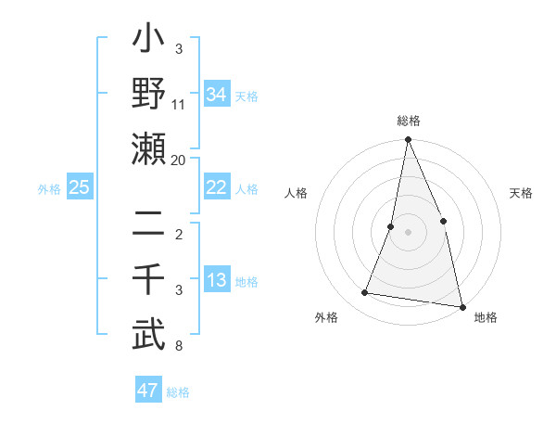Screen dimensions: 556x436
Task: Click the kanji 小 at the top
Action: pyautogui.click(x=149, y=42)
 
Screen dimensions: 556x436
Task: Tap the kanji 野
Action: pyautogui.click(x=149, y=94)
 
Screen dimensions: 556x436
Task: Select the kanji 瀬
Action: pyautogui.click(x=149, y=149)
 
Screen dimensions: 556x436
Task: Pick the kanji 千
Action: pyautogui.click(x=149, y=279)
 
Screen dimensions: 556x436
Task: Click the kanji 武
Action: pyautogui.click(x=149, y=335)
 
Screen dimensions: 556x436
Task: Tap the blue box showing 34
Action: pyautogui.click(x=217, y=94)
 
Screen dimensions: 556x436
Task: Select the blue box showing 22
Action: pyautogui.click(x=217, y=186)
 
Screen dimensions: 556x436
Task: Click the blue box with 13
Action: pyautogui.click(x=217, y=280)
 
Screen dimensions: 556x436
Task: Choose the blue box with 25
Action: pyautogui.click(x=80, y=187)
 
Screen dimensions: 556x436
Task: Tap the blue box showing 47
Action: pyautogui.click(x=148, y=391)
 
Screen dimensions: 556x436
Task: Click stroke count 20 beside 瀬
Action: pyautogui.click(x=180, y=160)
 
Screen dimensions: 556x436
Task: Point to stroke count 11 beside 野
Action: pyautogui.click(x=180, y=105)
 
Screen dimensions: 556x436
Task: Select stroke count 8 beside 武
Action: pyautogui.click(x=180, y=347)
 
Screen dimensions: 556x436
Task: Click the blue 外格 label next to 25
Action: pyautogui.click(x=49, y=188)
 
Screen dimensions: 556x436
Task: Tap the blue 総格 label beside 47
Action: pyautogui.click(x=178, y=392)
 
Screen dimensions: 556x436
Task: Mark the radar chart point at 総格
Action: pyautogui.click(x=408, y=140)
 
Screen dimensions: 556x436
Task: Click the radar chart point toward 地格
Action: pyautogui.click(x=461, y=306)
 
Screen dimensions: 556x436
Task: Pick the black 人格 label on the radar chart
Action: pyautogui.click(x=296, y=193)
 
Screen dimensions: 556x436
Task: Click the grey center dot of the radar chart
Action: pyautogui.click(x=408, y=232)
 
